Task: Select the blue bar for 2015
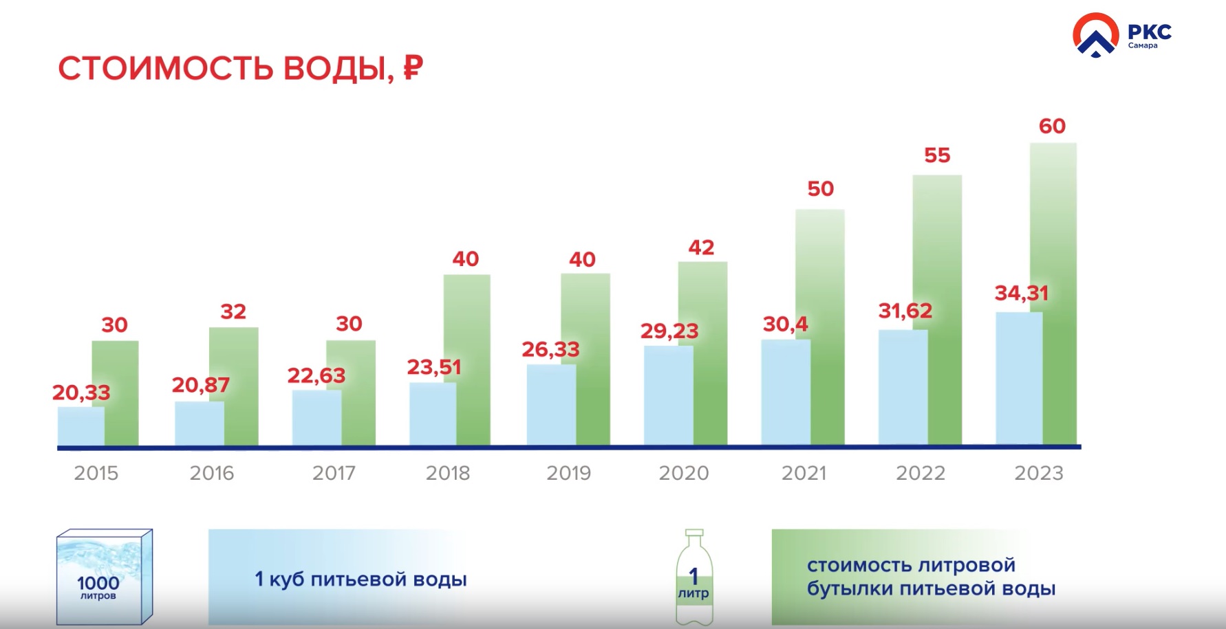point(80,426)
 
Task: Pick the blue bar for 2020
point(668,395)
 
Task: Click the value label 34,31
point(1022,294)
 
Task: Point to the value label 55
point(937,155)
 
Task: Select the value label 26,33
point(550,350)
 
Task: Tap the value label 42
point(701,247)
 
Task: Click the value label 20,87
point(200,385)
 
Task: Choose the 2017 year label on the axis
point(334,473)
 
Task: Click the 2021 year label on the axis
point(804,473)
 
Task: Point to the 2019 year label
point(569,473)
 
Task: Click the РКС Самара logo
point(1121,35)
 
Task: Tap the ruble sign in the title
point(413,68)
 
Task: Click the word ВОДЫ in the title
point(338,69)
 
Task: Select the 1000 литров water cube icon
point(104,577)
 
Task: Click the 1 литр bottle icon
point(694,577)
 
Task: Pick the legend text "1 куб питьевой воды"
point(361,580)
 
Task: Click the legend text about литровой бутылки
point(931,577)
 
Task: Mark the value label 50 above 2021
point(820,189)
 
